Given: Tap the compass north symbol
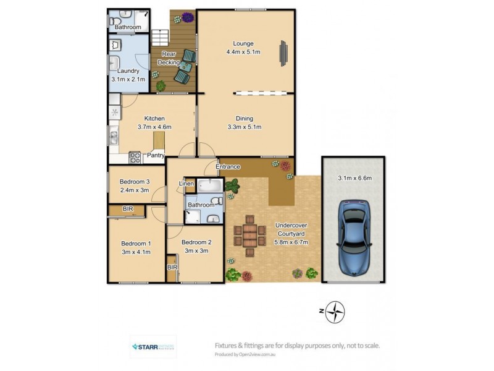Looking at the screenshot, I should pos(335,312).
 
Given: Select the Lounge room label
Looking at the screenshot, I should pos(243,43).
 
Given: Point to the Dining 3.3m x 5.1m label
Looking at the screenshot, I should pos(244,123).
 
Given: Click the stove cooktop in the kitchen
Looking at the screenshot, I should pos(135,157).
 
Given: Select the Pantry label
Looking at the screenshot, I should pos(155,156).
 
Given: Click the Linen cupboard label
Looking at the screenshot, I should pos(186,184).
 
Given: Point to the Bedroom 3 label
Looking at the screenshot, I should pos(135,181).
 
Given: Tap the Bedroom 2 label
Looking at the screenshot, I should pos(197,242).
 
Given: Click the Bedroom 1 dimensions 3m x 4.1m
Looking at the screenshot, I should pos(136,252).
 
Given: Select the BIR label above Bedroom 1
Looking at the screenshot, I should pos(128,210).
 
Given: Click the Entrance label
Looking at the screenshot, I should pos(227,167).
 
